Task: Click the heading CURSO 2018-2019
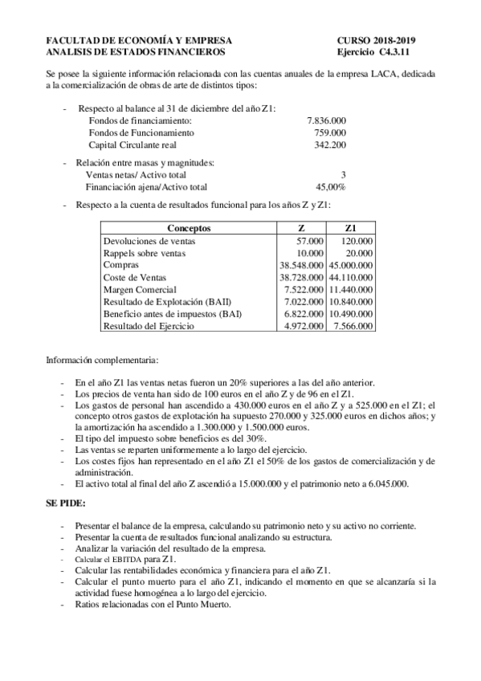point(381,40)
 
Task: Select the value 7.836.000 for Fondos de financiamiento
point(326,120)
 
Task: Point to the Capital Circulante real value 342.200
point(329,145)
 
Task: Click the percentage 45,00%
point(330,186)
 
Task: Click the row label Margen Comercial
point(140,289)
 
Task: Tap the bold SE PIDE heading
point(66,504)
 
